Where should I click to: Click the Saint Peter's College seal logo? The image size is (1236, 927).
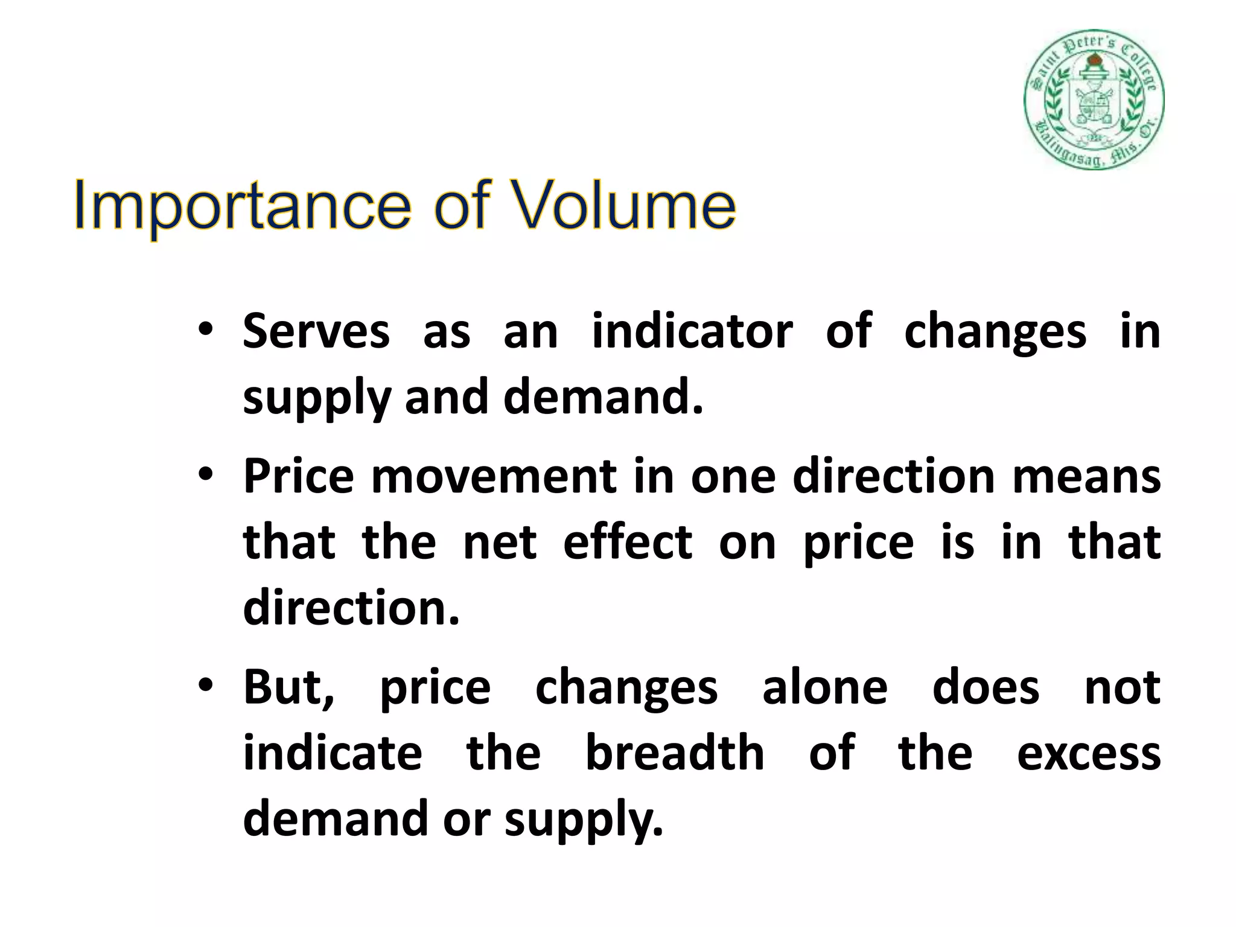(x=1094, y=100)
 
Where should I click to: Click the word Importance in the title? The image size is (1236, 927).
(x=241, y=206)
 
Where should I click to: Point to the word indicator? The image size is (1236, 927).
(x=692, y=331)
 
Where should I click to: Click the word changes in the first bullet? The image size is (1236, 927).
(x=995, y=331)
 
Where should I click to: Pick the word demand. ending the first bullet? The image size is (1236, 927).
(x=604, y=397)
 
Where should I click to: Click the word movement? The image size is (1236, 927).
(x=493, y=476)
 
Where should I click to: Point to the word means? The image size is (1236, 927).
(x=1086, y=476)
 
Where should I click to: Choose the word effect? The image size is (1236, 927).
(x=628, y=541)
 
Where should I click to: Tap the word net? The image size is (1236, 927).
(x=500, y=541)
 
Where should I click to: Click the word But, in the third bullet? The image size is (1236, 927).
(x=288, y=687)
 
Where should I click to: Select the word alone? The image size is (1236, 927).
(x=825, y=687)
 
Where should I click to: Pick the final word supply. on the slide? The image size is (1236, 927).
(x=584, y=820)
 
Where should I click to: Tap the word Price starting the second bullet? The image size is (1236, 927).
(x=299, y=476)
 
